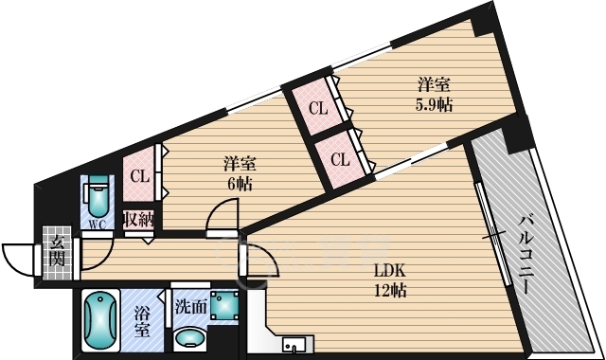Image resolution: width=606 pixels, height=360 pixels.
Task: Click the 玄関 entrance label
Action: point(57,249)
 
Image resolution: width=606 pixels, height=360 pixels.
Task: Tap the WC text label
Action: point(97,225)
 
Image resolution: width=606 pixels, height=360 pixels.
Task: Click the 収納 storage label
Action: point(140,220)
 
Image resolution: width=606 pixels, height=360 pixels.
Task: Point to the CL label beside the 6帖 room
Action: point(139,175)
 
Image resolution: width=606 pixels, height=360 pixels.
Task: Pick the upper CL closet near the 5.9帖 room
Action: point(317,107)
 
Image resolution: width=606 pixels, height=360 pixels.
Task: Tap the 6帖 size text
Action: point(241,184)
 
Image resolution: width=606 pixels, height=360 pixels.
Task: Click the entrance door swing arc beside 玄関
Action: point(17,257)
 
